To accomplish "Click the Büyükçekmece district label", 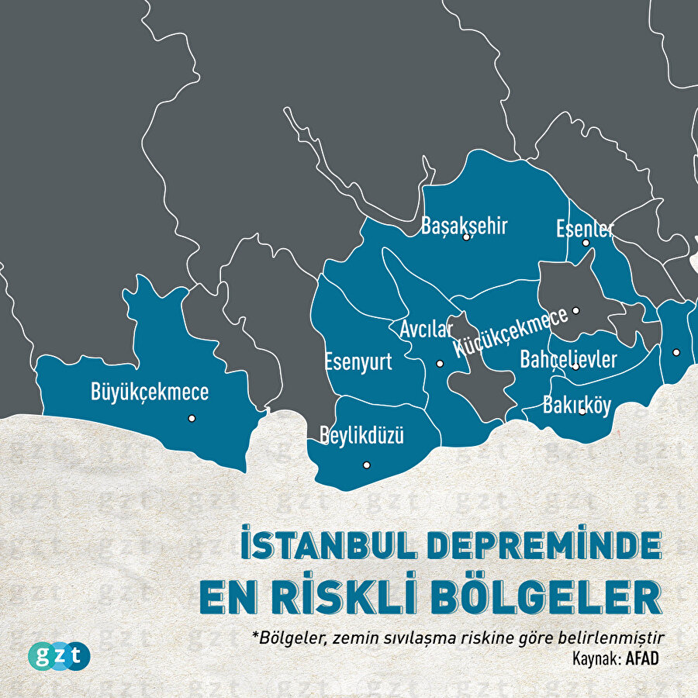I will coord(150,392).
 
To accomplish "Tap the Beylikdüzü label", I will coord(362,434).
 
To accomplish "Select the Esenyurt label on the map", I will coord(358,361).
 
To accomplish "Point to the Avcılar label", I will coord(427,330).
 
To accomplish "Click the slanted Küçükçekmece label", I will coord(511,333).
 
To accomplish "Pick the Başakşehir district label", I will coord(465,226).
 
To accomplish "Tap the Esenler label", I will coord(585,229).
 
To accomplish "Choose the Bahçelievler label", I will coord(568,360).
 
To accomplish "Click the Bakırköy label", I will coord(577,405).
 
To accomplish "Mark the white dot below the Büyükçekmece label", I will coord(192,418).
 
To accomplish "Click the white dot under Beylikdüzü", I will coord(367,465).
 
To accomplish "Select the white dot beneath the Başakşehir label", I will coord(466,237).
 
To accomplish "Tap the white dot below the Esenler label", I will coord(586,243).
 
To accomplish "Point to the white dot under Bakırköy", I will coord(582,411).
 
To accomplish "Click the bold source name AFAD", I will coord(649,657).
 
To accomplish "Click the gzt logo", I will coord(59,655).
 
